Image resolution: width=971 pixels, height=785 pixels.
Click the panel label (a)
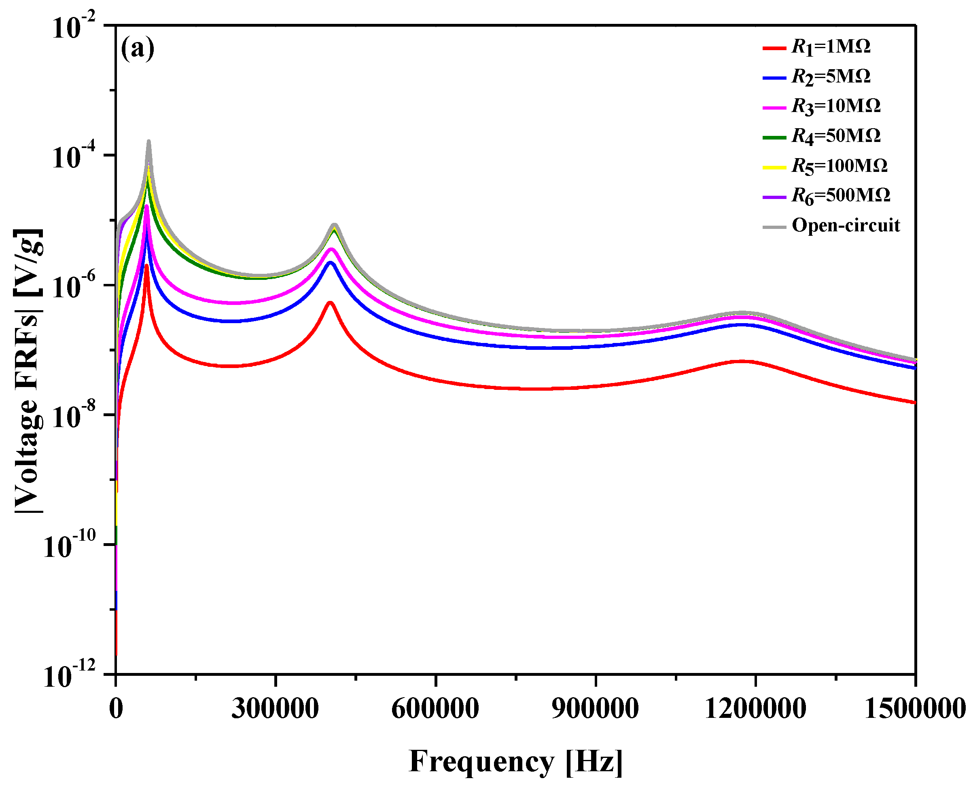[137, 48]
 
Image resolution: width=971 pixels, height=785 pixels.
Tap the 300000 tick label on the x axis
[275, 709]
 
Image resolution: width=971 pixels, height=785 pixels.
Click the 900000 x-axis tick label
[595, 709]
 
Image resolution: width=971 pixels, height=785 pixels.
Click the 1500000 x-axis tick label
[914, 709]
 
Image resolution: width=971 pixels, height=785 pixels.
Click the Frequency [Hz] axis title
[515, 761]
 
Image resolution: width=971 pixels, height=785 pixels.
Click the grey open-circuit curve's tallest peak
[148, 142]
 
